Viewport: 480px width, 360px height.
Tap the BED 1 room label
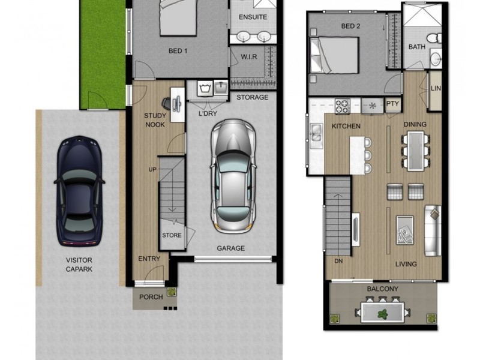coord(178,51)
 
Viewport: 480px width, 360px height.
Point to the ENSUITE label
coord(253,17)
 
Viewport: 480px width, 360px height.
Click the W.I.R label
coord(249,58)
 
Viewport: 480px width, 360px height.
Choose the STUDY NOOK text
coord(155,120)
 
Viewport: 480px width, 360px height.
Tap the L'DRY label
coord(207,113)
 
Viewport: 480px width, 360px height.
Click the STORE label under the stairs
coord(172,235)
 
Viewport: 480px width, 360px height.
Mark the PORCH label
coord(151,297)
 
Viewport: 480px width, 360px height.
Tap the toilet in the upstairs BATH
coord(437,38)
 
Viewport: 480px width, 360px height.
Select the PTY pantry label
coord(392,104)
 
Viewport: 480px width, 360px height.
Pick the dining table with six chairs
coord(415,150)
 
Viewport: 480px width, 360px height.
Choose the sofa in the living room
coord(433,230)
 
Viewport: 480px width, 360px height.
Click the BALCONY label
coord(382,289)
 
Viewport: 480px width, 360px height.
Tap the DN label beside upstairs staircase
coord(338,262)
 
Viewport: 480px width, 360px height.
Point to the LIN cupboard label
coord(436,89)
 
